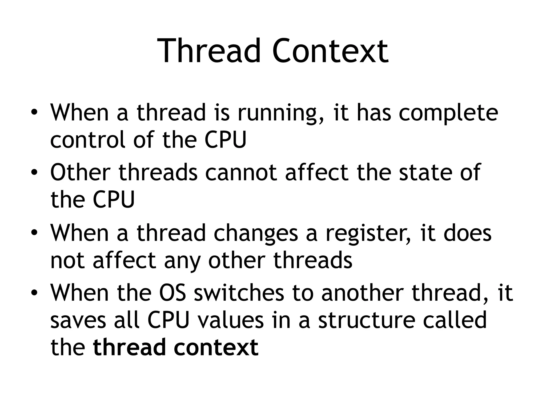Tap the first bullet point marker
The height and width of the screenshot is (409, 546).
pos(34,113)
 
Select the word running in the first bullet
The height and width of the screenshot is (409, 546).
pos(281,113)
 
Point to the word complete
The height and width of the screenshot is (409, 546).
pos(448,113)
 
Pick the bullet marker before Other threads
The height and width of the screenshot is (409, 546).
pos(34,173)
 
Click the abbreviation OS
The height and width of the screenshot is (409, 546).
pos(172,293)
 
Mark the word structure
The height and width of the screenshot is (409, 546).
pos(367,320)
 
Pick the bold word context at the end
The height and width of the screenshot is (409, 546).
pos(216,347)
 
